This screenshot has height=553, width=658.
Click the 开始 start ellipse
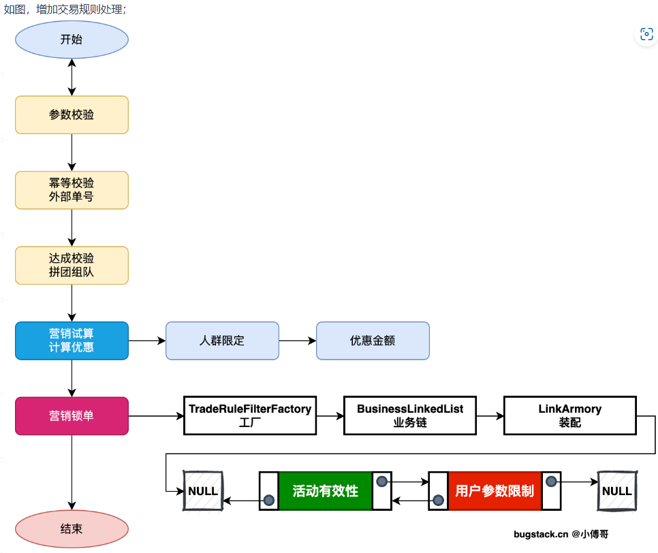pos(72,39)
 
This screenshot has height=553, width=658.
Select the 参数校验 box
pos(72,115)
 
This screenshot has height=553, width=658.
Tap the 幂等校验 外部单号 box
pos(72,190)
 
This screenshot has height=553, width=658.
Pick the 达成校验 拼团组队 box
pos(72,266)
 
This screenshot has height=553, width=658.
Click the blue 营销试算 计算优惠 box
pos(72,341)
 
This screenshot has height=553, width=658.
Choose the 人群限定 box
pos(222,341)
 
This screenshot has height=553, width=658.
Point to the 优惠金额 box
pos(373,341)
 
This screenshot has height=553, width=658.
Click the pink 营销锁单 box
pos(72,415)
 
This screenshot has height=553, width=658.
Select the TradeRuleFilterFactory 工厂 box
pos(250,415)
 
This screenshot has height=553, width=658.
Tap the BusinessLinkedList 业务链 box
pos(410,415)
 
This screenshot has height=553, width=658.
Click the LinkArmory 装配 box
pos(570,415)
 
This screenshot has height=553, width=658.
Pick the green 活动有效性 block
pos(326,491)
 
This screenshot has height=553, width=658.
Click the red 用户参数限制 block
pos(495,491)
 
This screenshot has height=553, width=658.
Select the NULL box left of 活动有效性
pos(203,491)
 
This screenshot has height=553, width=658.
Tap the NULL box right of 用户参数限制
pos(617,491)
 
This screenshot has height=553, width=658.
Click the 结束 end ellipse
pos(72,528)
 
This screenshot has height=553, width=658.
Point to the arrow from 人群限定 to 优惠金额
pos(297,341)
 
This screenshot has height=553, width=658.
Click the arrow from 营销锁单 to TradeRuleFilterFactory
pos(156,415)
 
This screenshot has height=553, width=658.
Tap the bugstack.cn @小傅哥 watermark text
pos(561,535)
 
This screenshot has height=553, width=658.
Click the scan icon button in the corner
pos(646,34)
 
